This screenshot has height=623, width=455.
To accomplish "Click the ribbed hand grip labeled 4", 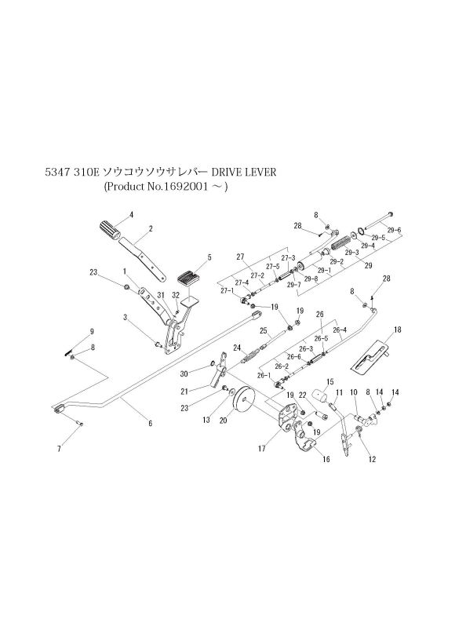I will pos(111,231).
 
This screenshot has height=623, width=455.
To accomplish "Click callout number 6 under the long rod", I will pos(150,424).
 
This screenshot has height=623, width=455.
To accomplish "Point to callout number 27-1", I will pos(227,291).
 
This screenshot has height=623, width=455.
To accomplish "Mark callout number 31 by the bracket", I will pos(160,295).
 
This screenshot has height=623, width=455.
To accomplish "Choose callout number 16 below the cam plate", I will pos(325,460).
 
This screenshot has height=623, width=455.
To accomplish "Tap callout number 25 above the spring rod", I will pos(264,330).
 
